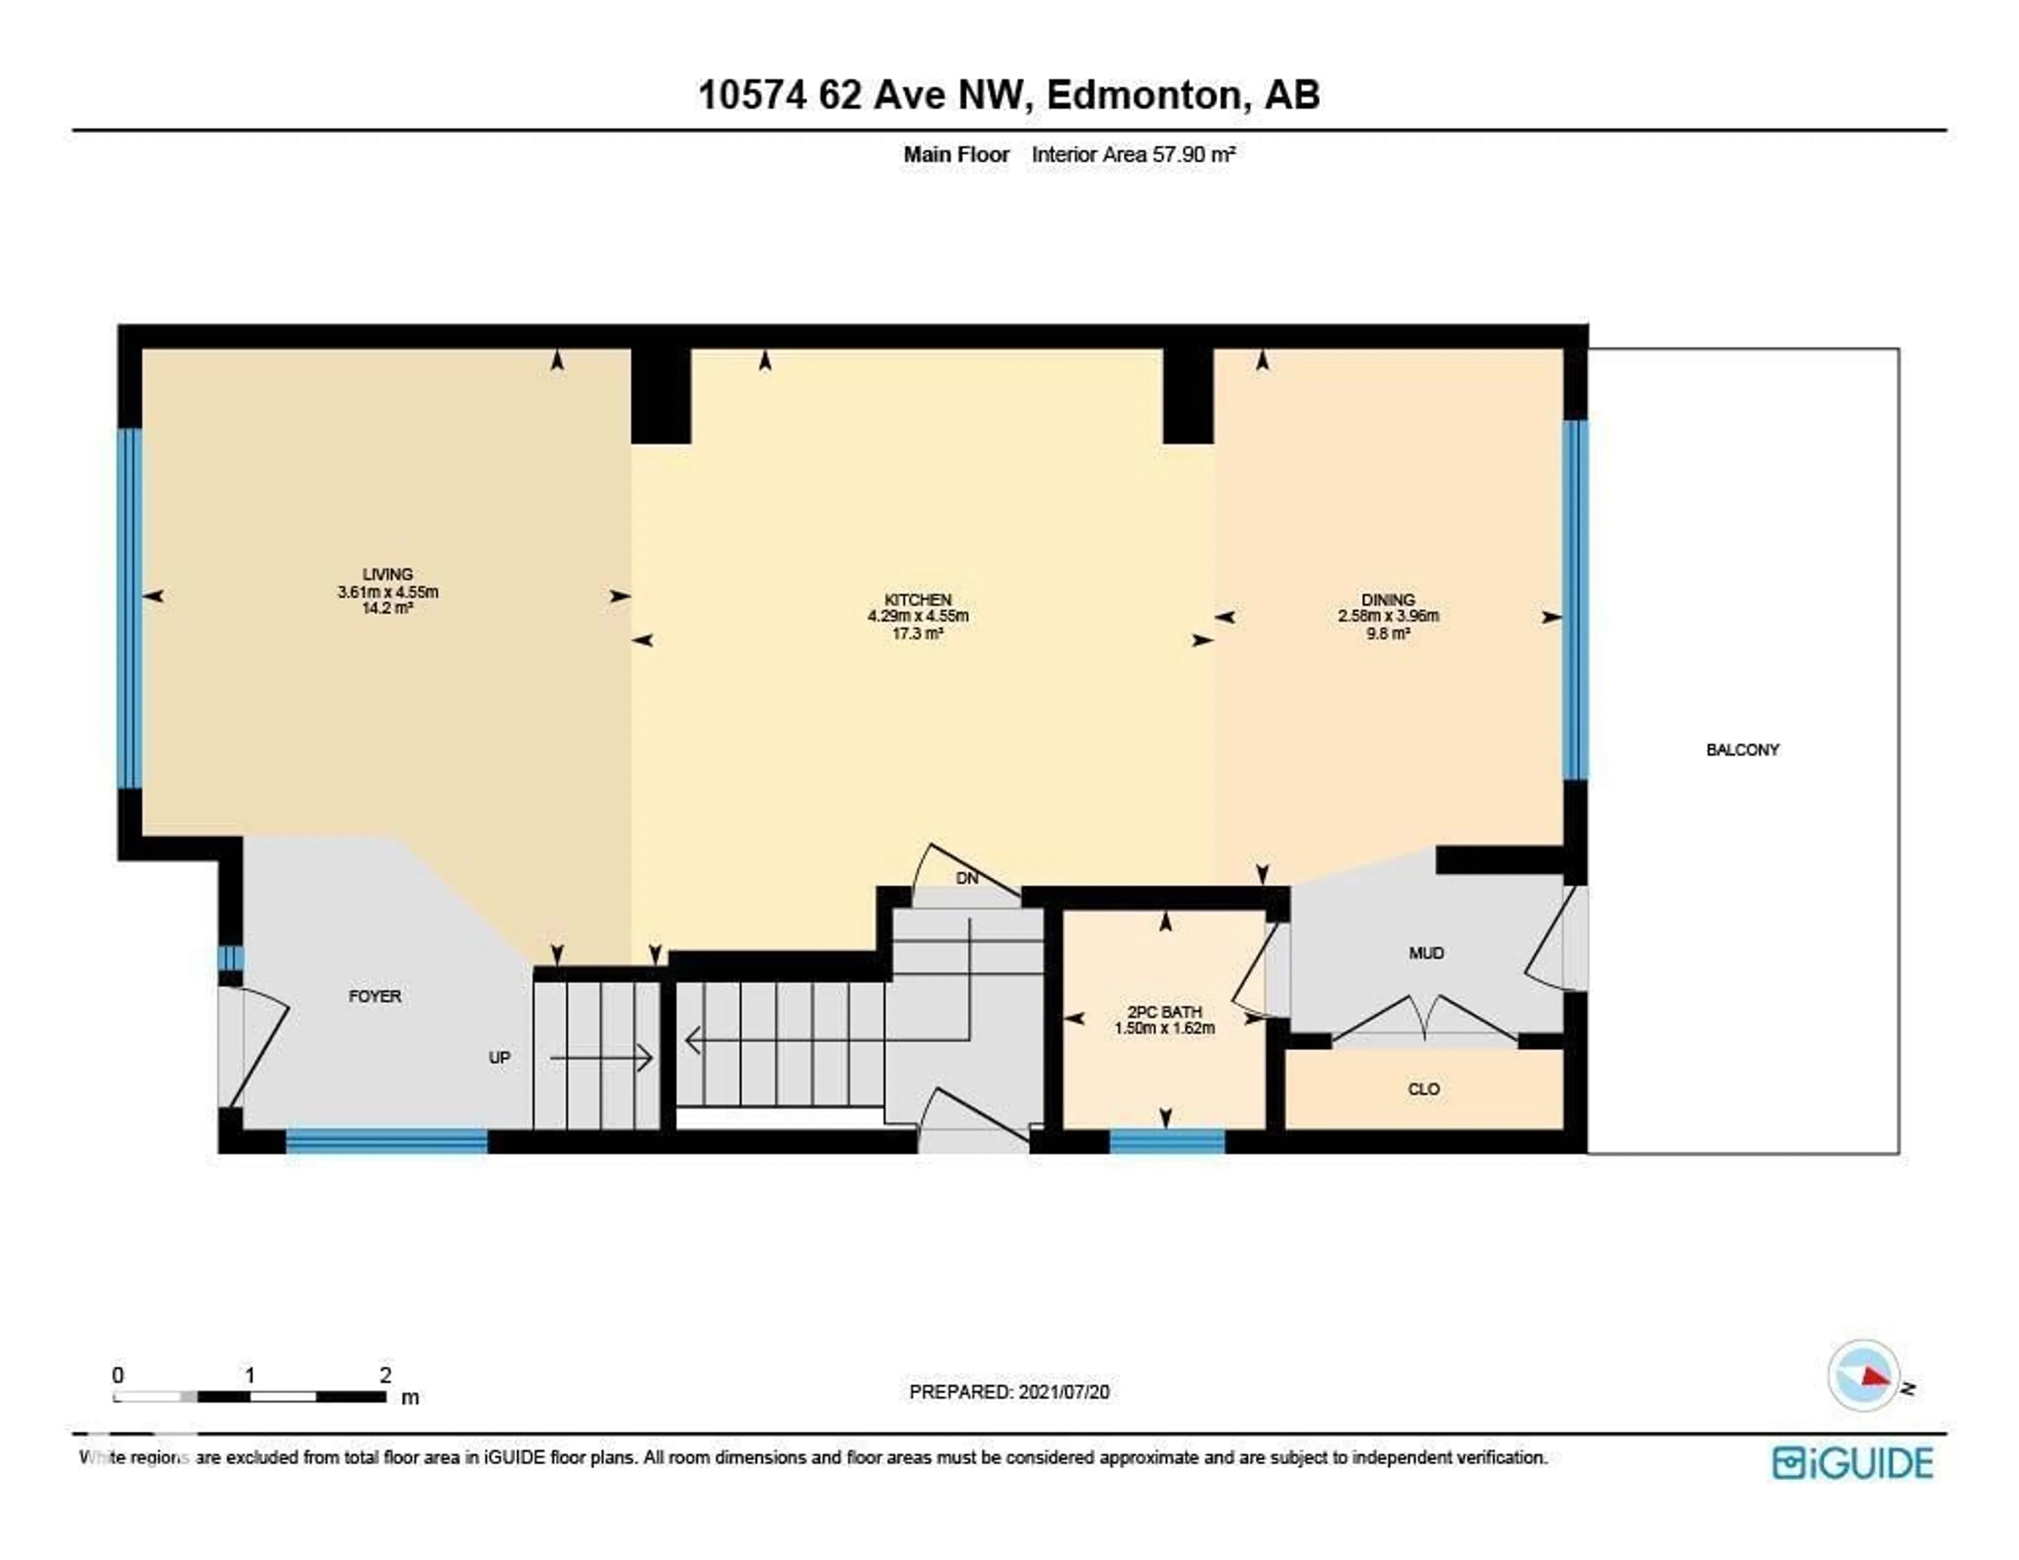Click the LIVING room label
(x=388, y=574)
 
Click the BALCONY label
(x=1742, y=750)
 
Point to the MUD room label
(x=1425, y=954)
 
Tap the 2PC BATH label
(x=1164, y=1012)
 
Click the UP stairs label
(x=499, y=1058)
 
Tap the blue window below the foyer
(x=386, y=1141)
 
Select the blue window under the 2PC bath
(x=1167, y=1141)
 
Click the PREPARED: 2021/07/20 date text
(x=1008, y=1392)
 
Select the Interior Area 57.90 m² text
(x=1134, y=155)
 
